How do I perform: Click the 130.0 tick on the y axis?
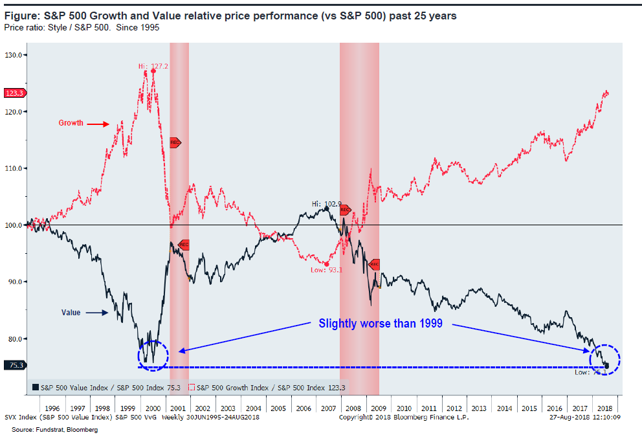(x=14, y=55)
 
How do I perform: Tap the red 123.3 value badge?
(x=14, y=93)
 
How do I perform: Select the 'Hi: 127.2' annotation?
(x=153, y=66)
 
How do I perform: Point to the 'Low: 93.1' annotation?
(x=326, y=269)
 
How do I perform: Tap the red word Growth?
(x=71, y=123)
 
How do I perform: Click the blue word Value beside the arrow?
(x=71, y=313)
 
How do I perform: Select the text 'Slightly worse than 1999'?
(x=381, y=323)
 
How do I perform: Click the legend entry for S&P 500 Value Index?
(x=104, y=387)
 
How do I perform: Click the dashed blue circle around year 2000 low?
(x=153, y=355)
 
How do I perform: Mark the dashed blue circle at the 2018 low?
(x=605, y=360)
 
